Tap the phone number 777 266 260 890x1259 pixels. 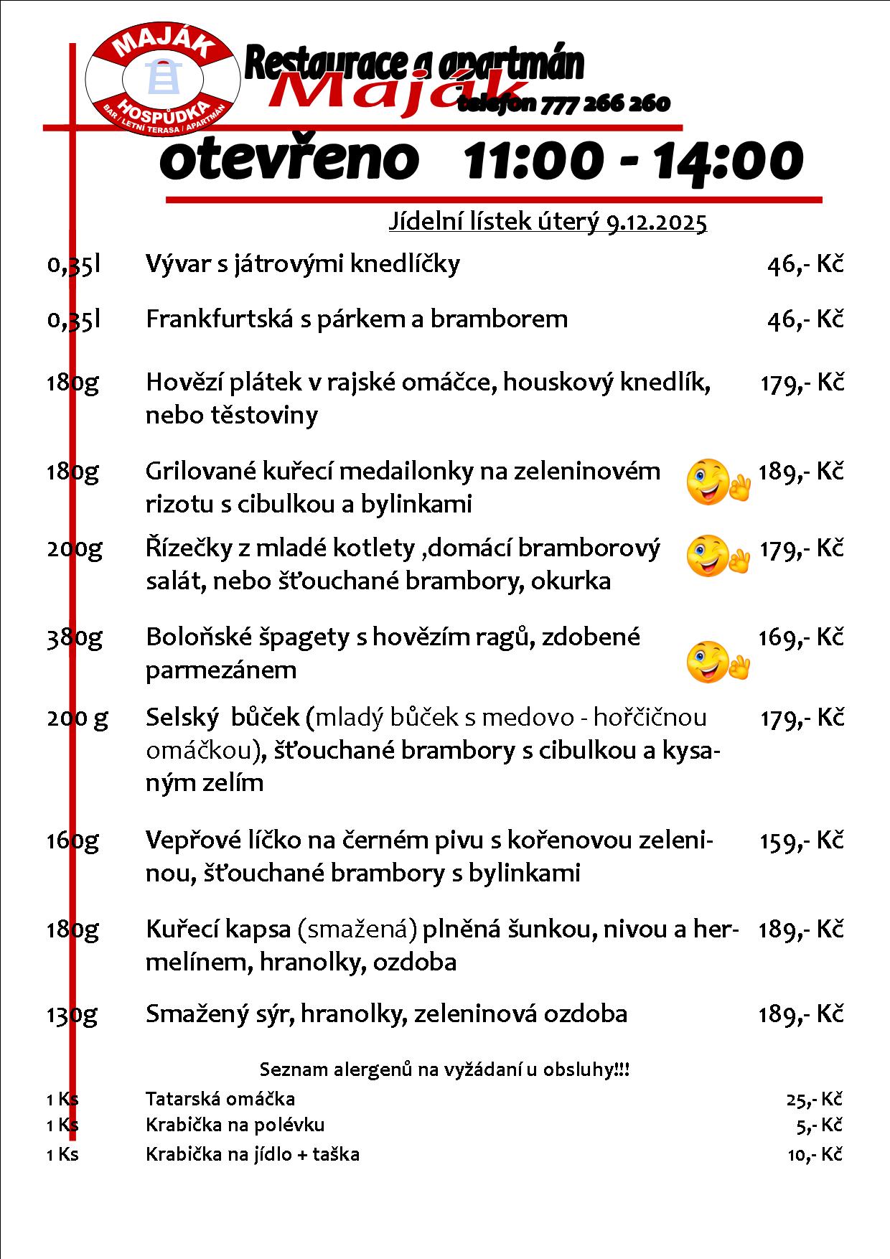coord(605,104)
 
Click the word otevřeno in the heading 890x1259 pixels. coord(289,159)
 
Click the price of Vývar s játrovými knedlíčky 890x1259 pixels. coord(805,264)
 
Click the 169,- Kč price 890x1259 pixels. coord(800,637)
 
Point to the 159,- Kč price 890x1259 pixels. coord(800,840)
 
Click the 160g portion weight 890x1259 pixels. coord(72,840)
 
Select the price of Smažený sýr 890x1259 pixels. coord(800,1014)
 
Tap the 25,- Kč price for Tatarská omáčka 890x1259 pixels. coord(814,1099)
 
